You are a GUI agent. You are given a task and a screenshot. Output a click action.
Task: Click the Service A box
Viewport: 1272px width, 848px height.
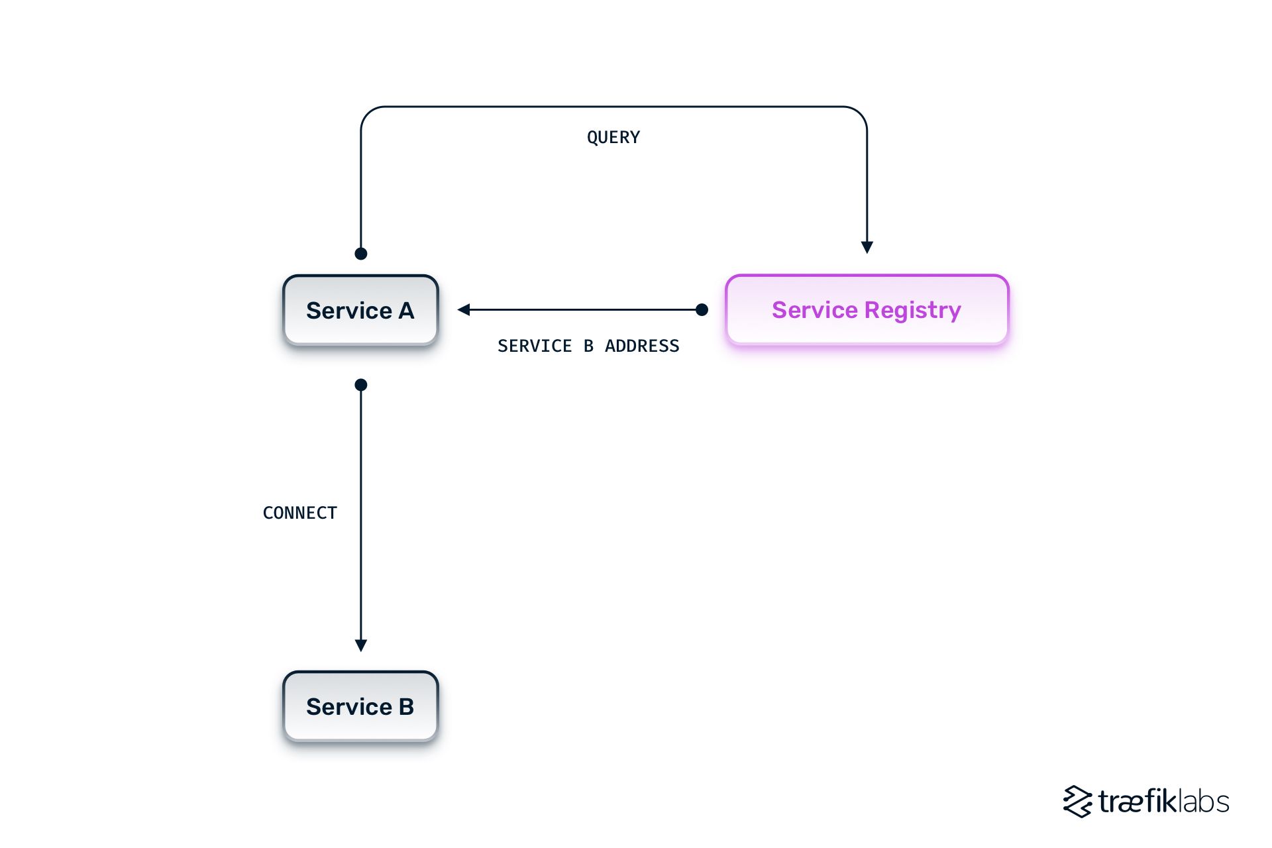click(360, 310)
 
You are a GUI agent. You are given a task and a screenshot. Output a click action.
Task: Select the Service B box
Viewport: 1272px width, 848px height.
click(360, 706)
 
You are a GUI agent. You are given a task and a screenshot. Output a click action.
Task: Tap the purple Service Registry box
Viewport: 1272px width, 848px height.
click(867, 310)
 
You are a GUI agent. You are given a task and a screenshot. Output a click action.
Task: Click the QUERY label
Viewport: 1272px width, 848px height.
click(613, 137)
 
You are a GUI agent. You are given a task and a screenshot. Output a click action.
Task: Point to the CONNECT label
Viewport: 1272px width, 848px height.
click(300, 513)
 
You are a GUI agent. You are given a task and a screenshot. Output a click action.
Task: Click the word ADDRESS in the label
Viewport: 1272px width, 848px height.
click(642, 346)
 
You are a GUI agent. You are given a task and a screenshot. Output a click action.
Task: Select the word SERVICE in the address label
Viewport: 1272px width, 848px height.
click(535, 346)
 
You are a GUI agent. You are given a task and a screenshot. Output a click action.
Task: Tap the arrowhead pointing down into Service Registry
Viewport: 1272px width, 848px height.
click(867, 248)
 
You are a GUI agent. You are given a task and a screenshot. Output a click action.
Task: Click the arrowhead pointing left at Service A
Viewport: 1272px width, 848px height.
click(464, 309)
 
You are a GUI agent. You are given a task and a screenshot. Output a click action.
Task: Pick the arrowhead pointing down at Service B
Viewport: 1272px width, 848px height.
click(361, 645)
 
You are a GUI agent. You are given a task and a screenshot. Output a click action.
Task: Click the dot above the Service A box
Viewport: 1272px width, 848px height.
click(361, 254)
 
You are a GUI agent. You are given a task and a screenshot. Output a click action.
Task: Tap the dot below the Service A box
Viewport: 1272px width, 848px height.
click(361, 385)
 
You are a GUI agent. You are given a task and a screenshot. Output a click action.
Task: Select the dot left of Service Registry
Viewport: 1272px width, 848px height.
click(702, 309)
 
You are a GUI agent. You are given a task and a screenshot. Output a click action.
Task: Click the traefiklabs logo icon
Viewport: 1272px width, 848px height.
click(1077, 802)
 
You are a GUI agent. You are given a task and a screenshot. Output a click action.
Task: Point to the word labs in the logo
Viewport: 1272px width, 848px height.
click(1204, 802)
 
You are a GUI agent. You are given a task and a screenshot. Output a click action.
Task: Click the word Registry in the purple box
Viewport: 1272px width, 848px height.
click(912, 310)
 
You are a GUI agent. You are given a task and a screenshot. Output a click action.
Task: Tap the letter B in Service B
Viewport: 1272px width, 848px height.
click(406, 706)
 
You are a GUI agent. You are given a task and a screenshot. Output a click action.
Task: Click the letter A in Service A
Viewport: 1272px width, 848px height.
click(406, 310)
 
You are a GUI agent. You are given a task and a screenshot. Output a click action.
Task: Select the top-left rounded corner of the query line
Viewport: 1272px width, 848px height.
click(368, 113)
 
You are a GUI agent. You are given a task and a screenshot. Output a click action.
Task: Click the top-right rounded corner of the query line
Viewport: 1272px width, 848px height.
click(860, 113)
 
